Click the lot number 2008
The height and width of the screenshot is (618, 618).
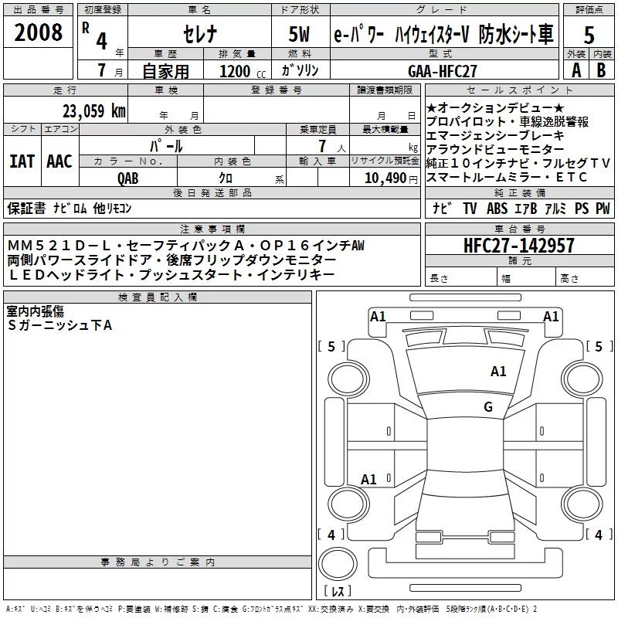coord(39,33)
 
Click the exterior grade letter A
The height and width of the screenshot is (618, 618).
coord(576,70)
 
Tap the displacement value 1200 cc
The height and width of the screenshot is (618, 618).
coord(239,71)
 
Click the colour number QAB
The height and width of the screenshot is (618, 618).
coord(127,178)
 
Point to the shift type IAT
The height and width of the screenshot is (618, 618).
coord(22,161)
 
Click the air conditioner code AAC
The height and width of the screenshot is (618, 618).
coord(59,161)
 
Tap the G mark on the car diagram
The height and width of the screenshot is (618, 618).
coord(488,407)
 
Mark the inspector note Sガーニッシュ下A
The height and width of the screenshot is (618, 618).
coord(60,325)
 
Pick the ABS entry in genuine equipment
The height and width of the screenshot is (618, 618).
coord(497,208)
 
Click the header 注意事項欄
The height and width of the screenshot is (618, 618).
coord(212,229)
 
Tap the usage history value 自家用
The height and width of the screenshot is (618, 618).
coord(168,71)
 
